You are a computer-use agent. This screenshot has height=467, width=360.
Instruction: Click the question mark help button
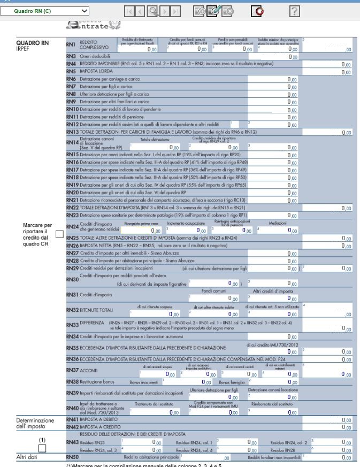294,10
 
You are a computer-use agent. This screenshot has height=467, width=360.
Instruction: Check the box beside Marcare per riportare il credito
59,234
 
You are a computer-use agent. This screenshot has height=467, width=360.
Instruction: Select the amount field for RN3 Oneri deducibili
278,56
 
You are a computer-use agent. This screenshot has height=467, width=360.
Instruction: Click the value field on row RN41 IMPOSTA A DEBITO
332,420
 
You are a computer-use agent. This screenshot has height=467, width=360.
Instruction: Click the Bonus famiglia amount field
278,382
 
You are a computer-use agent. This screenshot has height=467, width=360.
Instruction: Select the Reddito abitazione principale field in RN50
209,458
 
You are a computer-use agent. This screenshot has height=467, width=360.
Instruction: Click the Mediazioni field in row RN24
278,231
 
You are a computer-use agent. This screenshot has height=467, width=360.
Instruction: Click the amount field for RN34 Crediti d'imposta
278,336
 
